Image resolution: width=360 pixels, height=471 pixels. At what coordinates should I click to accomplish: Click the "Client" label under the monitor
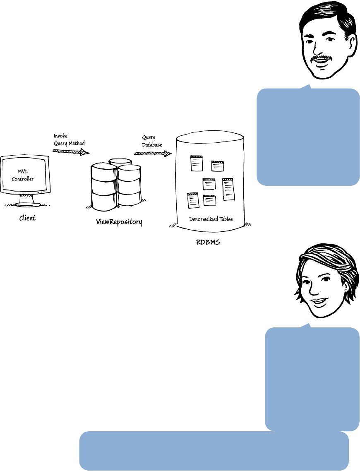click(x=27, y=218)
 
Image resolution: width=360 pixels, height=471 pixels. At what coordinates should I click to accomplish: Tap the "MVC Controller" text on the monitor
click(x=25, y=175)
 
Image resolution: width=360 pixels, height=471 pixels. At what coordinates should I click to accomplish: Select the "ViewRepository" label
click(x=119, y=222)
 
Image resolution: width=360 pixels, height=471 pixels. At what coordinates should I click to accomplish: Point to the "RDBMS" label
click(x=208, y=242)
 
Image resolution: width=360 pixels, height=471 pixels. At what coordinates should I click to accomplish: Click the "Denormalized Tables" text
click(x=211, y=219)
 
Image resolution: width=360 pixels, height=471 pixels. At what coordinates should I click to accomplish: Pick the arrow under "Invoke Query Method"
click(x=71, y=151)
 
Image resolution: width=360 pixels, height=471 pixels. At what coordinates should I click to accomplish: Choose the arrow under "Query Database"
click(x=152, y=154)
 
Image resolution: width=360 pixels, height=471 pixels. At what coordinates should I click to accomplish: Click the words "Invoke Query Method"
click(x=69, y=140)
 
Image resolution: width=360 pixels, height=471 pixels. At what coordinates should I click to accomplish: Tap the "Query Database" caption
click(x=152, y=141)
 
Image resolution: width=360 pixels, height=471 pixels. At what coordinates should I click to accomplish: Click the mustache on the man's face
click(x=322, y=58)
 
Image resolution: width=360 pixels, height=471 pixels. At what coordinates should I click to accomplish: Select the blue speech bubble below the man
click(x=308, y=136)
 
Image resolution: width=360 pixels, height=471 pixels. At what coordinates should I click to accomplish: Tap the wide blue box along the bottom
click(x=214, y=451)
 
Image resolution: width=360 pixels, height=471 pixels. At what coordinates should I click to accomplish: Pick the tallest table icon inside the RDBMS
click(x=228, y=189)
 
